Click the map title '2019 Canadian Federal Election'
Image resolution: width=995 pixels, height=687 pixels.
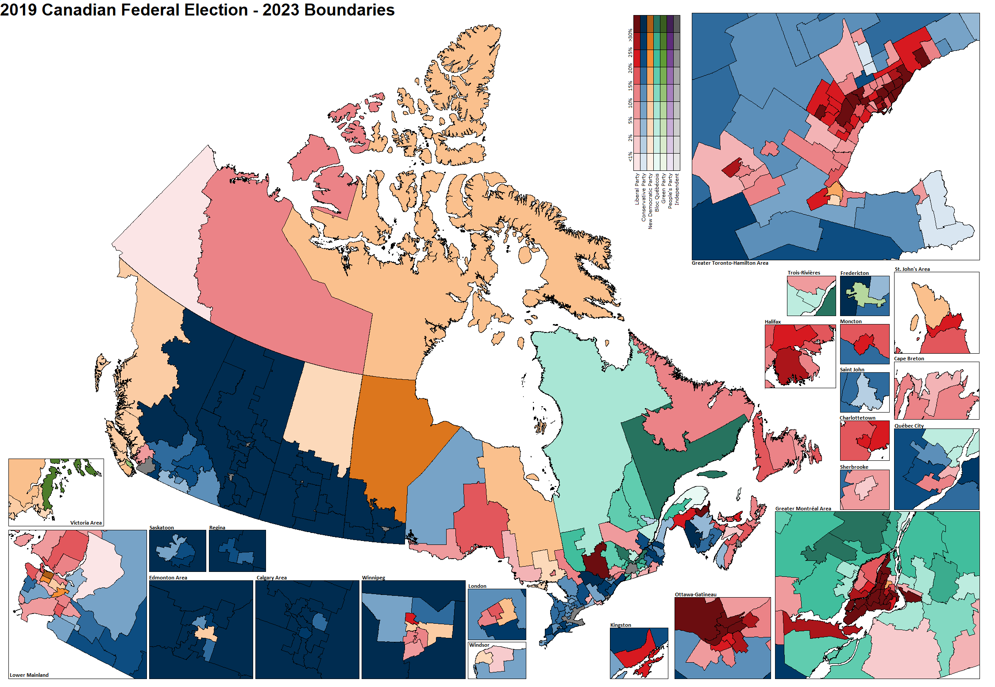click(x=124, y=10)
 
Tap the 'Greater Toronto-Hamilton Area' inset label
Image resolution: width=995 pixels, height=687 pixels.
click(x=730, y=263)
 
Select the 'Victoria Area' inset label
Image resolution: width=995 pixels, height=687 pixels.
click(x=86, y=523)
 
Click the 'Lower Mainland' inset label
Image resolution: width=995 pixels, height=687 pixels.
click(x=29, y=675)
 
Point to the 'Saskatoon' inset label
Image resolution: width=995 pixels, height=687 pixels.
click(x=162, y=528)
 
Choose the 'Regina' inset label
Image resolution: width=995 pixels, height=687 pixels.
click(x=217, y=528)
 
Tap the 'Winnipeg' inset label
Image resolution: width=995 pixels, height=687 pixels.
click(x=374, y=578)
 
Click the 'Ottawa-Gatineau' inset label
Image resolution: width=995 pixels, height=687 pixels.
click(x=695, y=594)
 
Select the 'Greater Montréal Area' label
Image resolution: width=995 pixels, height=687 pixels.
click(x=803, y=509)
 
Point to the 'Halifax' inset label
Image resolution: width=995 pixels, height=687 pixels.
click(x=773, y=322)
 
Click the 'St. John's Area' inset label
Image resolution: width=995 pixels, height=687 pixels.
click(x=912, y=269)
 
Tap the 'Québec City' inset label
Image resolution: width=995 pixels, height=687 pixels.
click(x=909, y=426)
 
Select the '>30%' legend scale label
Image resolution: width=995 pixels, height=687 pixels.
click(x=630, y=35)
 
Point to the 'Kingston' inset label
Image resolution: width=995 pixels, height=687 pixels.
click(x=621, y=625)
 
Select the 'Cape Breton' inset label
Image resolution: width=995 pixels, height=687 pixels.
click(x=909, y=359)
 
